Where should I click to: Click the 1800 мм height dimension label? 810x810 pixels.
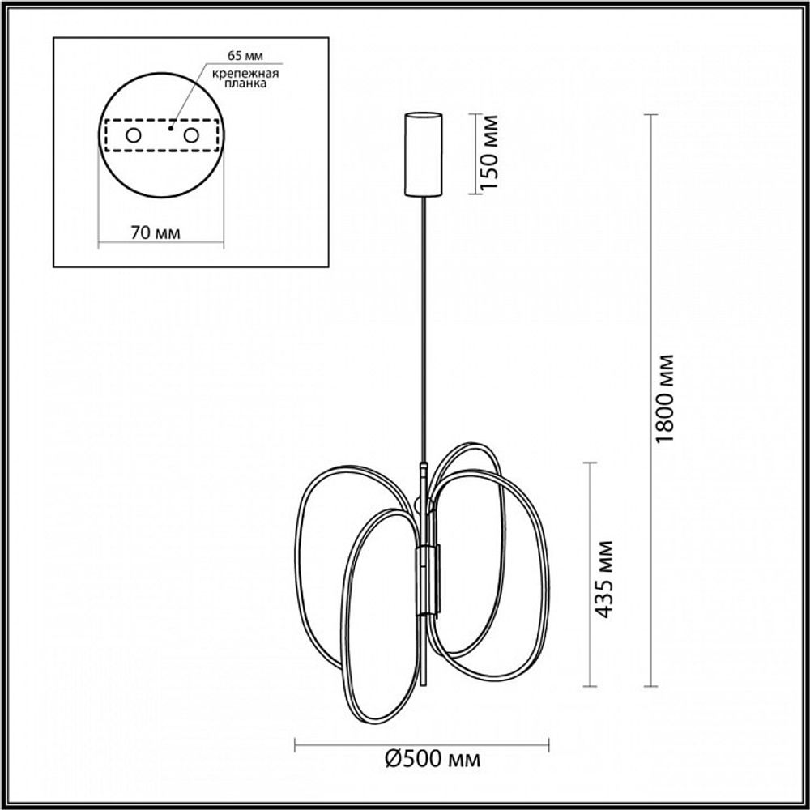[x=667, y=399]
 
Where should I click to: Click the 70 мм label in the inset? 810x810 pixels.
[x=155, y=232]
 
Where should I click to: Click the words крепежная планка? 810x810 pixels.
[x=245, y=79]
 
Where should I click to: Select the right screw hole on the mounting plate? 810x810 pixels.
[x=192, y=135]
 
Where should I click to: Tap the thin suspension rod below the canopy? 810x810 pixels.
[x=424, y=324]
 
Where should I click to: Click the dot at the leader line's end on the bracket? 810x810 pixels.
[x=170, y=127]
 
